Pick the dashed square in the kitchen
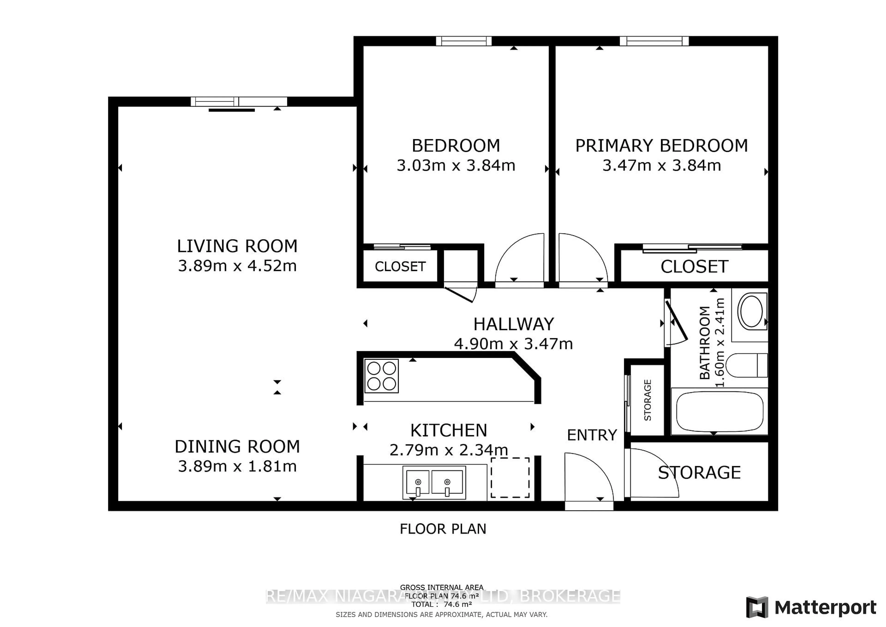[x=510, y=478]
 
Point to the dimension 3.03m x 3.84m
[x=456, y=166]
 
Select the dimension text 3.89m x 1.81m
[x=237, y=466]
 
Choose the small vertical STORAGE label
[x=647, y=400]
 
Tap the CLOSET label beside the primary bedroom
[x=694, y=266]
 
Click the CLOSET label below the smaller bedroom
[x=400, y=266]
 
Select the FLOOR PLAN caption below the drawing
[x=443, y=529]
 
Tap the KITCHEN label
[x=448, y=430]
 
